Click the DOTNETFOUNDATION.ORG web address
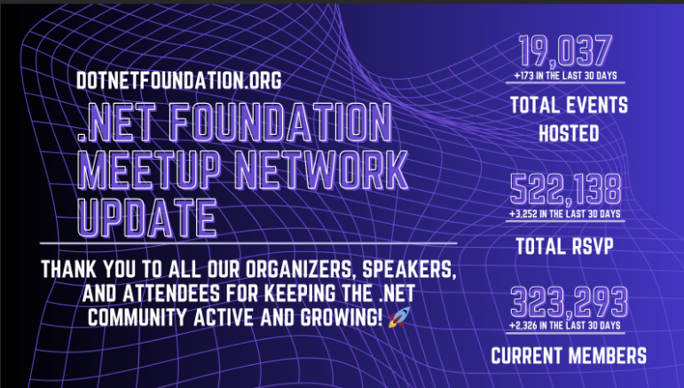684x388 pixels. [179, 81]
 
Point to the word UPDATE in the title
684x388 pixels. [147, 216]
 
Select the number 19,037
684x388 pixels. [568, 50]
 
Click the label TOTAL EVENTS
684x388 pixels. [569, 107]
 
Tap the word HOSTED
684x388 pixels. [569, 134]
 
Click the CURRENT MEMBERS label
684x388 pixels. [569, 357]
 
